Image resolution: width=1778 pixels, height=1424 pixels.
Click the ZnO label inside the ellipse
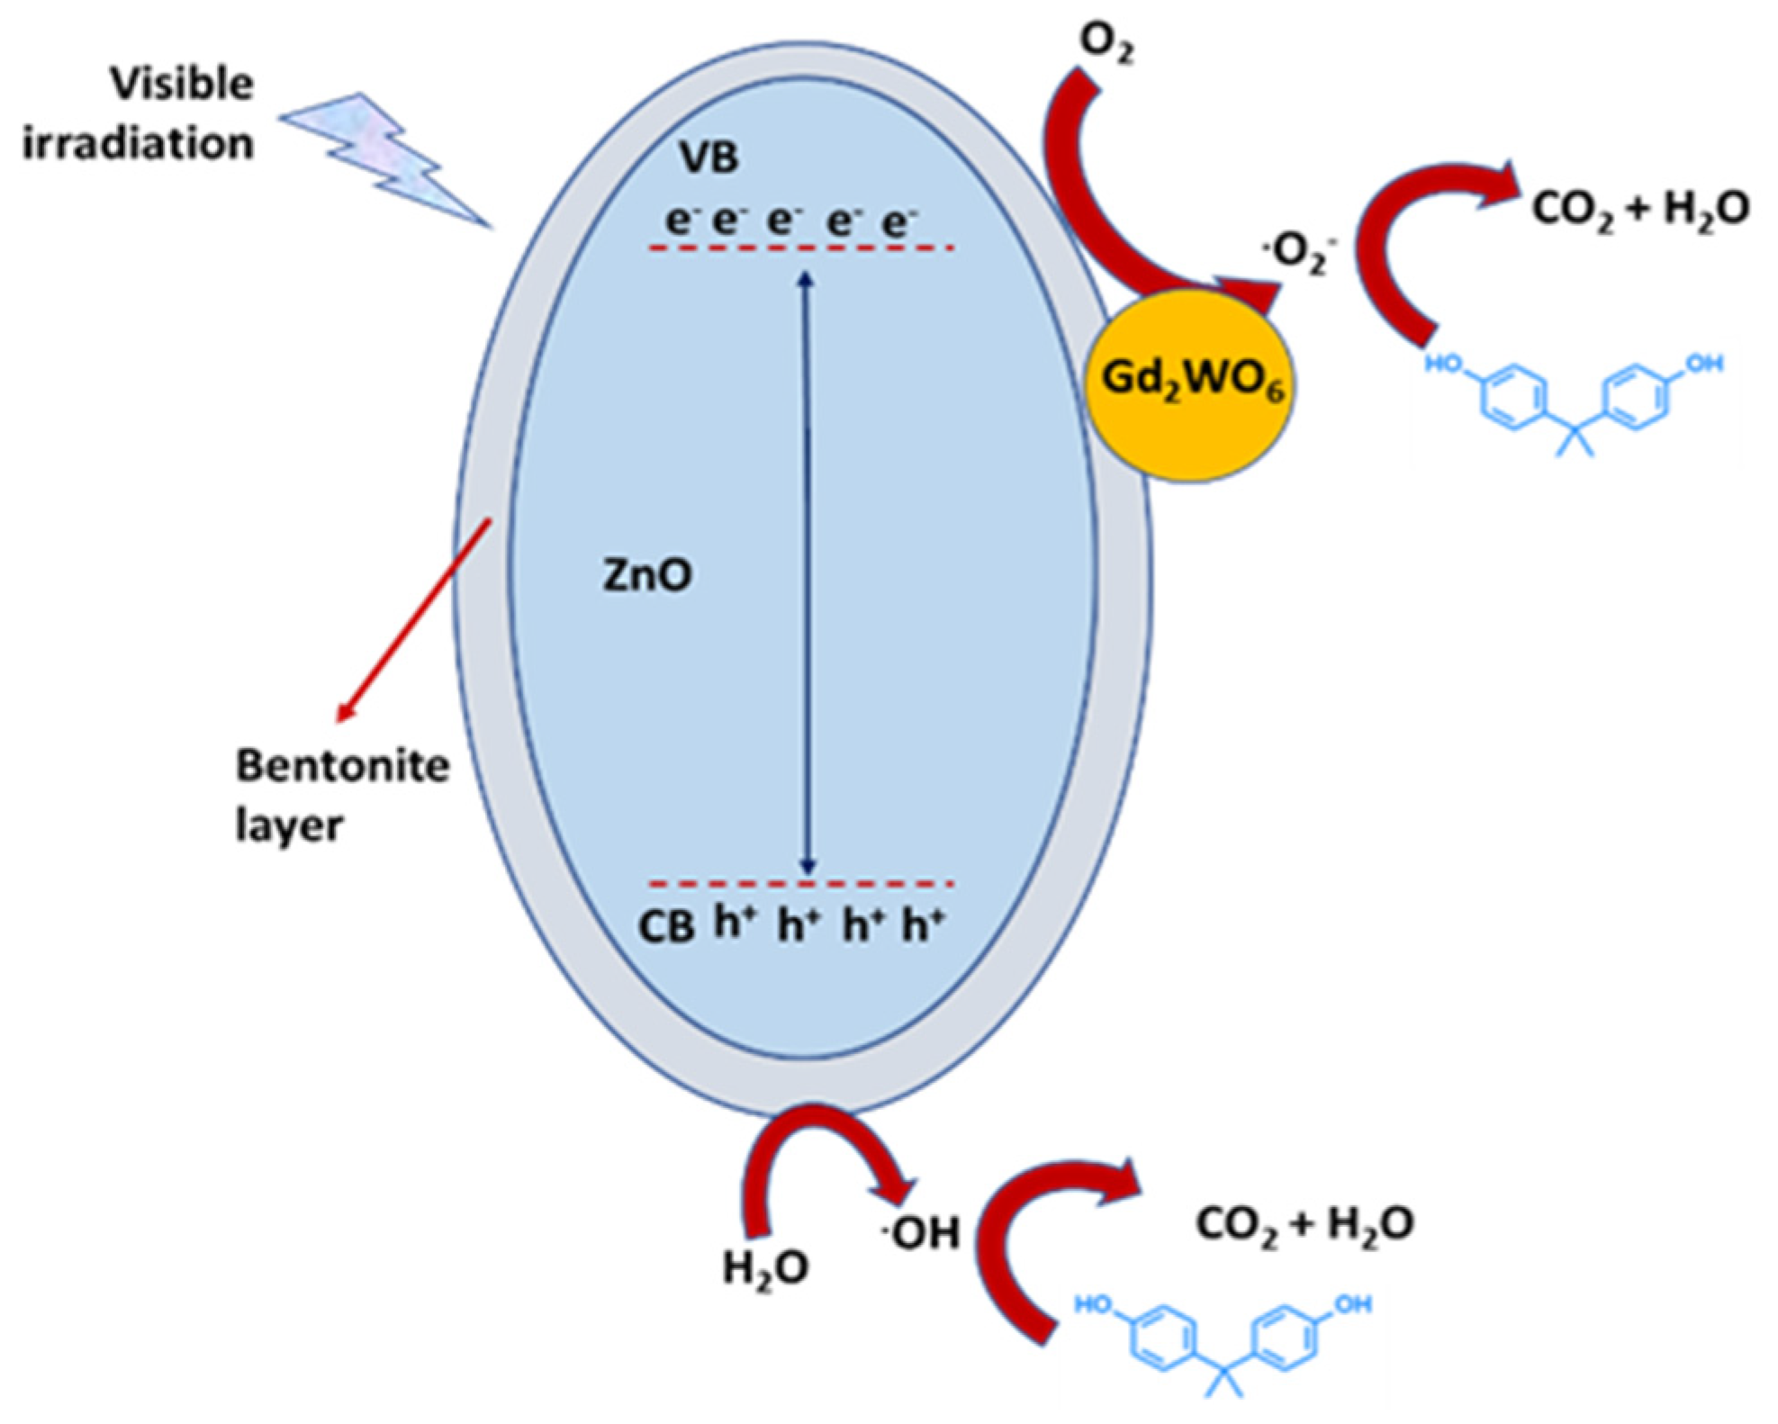point(646,574)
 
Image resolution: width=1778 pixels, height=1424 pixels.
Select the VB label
point(709,157)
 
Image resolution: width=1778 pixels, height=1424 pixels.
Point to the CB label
point(666,927)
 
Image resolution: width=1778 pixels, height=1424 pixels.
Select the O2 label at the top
point(1106,43)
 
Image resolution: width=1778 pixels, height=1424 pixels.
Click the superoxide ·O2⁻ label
point(1300,252)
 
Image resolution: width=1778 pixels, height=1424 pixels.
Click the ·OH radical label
point(922,1232)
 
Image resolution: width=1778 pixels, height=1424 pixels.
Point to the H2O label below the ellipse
point(765,1267)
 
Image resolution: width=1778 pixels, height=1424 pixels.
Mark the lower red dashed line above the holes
point(801,884)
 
